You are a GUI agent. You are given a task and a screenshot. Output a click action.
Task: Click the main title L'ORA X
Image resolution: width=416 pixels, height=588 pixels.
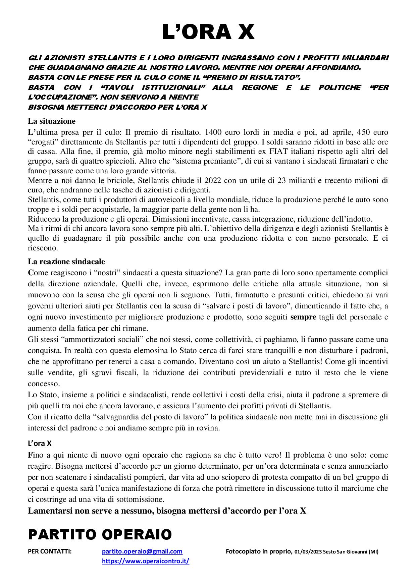tap(208, 33)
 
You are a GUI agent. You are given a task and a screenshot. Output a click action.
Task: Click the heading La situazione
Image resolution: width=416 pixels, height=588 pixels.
tap(52, 121)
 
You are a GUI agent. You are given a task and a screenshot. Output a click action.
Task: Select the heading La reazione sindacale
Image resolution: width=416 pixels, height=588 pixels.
tap(66, 261)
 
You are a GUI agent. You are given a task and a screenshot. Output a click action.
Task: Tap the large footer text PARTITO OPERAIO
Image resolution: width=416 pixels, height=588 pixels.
tap(100, 534)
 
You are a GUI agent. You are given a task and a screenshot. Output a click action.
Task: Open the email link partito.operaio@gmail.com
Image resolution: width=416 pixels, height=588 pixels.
tap(142, 551)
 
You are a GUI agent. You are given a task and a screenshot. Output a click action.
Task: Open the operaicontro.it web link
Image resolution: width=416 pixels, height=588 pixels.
tap(146, 561)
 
